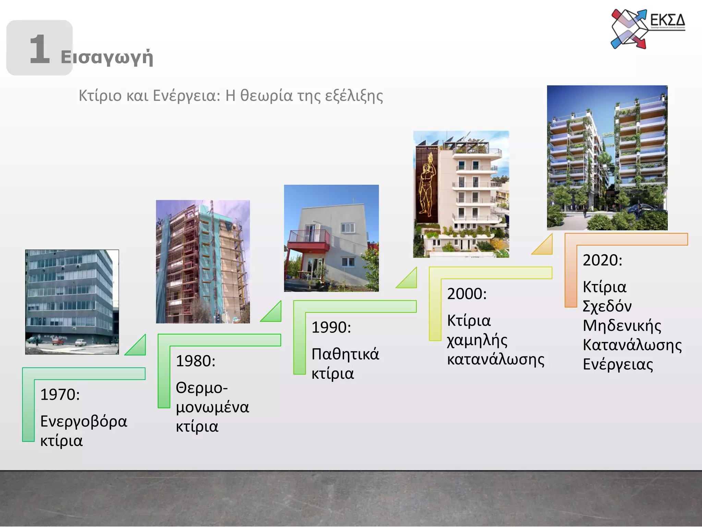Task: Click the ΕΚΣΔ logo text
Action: coord(667,20)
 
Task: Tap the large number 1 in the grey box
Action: coord(40,49)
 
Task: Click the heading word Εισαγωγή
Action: coord(107,57)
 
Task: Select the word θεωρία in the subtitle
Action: coord(266,96)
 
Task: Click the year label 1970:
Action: coord(60,395)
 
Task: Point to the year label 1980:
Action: coord(195,361)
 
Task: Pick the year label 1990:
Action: coord(331,327)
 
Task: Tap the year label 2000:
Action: coord(467,294)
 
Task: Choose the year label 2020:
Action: coord(602,260)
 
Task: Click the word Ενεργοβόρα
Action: coord(84,422)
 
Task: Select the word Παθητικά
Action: coord(345,354)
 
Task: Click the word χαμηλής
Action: coord(477,340)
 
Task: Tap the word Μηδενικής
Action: coord(622,326)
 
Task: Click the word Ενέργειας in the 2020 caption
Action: coord(618,364)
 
